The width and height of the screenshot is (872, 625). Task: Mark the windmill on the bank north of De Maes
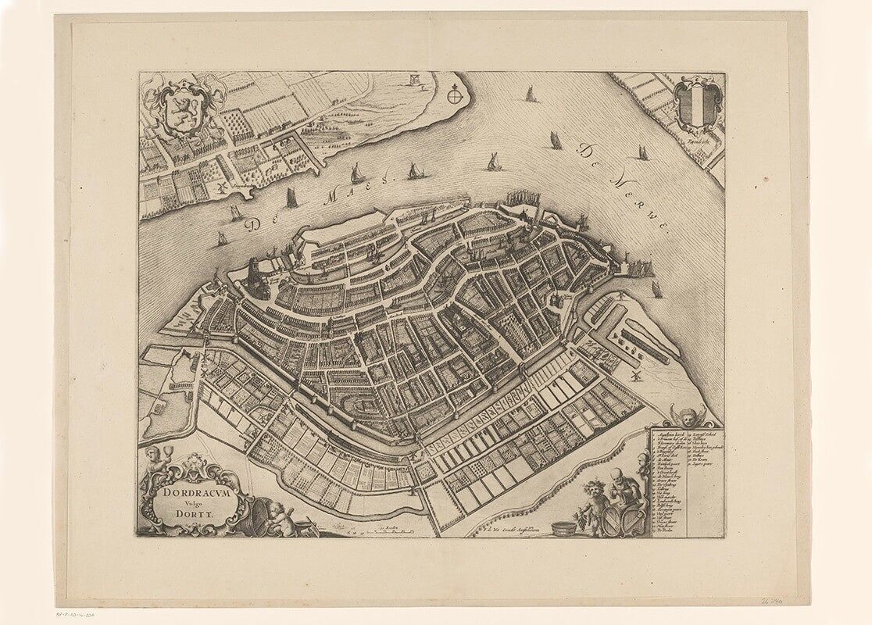pyautogui.click(x=221, y=189)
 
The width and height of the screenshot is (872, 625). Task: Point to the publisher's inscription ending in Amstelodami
pyautogui.click(x=507, y=532)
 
